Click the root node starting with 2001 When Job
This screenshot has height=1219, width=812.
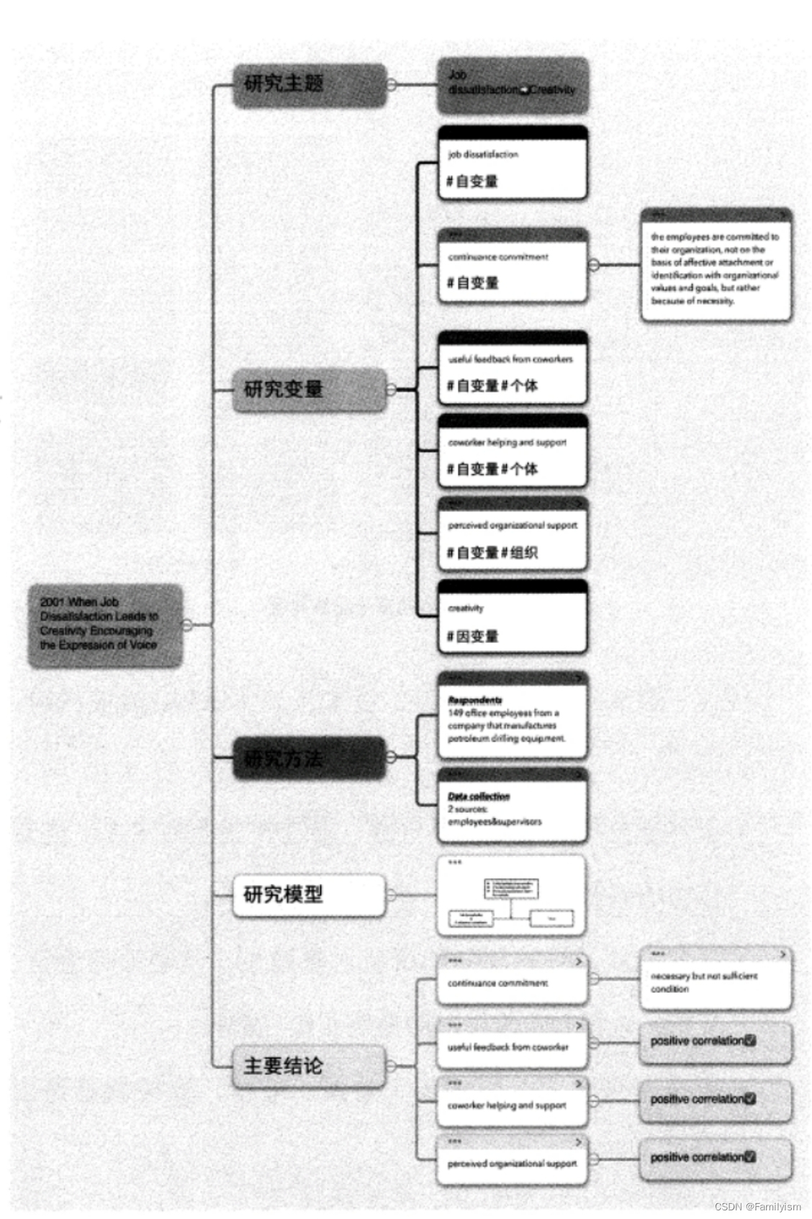105,624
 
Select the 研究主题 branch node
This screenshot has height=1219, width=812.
309,85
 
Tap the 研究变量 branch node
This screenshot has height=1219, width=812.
309,390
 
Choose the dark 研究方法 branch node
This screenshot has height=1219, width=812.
309,758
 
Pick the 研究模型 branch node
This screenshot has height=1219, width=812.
309,895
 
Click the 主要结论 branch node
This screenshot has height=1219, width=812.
309,1066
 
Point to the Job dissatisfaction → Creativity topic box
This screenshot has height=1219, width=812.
512,85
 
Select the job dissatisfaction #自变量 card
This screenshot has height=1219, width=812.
512,163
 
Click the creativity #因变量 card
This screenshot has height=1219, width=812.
512,618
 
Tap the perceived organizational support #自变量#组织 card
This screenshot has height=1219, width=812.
512,534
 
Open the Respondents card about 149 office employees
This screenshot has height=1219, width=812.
512,716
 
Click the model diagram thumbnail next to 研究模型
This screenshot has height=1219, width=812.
511,897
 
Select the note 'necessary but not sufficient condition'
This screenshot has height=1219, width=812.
716,980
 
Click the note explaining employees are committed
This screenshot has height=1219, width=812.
716,265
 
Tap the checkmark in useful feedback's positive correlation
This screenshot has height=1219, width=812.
750,1040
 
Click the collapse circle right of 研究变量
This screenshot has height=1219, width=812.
391,390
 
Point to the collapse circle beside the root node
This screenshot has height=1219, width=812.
187,624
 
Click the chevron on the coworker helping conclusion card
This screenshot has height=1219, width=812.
578,1084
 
